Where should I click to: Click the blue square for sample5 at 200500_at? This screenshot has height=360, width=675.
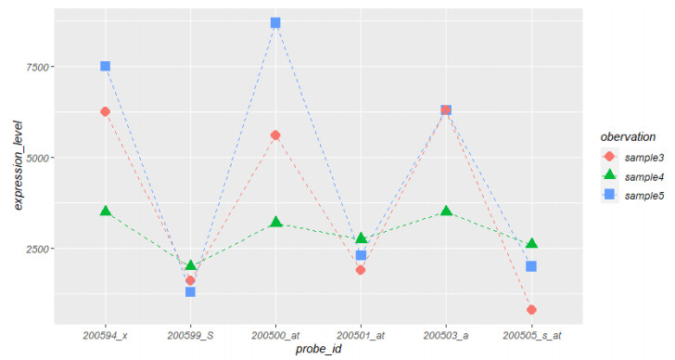click(x=275, y=22)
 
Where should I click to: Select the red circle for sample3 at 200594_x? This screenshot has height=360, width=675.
click(x=105, y=111)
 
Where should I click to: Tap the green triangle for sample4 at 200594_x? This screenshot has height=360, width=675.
click(x=105, y=212)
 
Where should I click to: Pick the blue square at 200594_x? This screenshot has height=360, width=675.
click(x=105, y=66)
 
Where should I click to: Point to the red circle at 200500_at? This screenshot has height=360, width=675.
click(x=275, y=135)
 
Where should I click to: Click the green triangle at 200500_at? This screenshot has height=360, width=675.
click(x=275, y=223)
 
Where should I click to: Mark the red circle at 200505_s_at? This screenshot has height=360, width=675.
click(x=531, y=310)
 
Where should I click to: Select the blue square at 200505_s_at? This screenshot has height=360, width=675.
click(x=531, y=266)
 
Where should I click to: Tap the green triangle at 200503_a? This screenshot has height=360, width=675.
click(x=446, y=212)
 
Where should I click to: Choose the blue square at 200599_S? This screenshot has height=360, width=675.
click(x=190, y=291)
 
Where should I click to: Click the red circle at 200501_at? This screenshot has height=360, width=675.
click(x=361, y=270)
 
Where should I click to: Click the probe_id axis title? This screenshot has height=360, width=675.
click(x=318, y=349)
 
